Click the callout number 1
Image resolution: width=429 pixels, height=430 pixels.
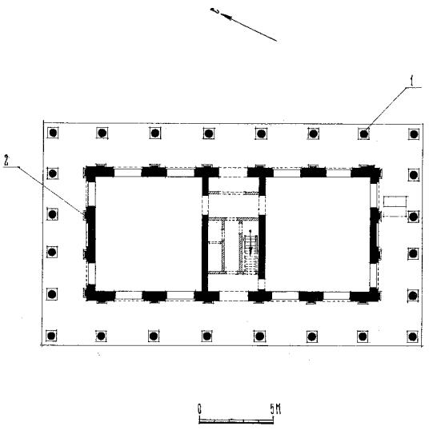tap(411, 81)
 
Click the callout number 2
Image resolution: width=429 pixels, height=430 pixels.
tap(7, 160)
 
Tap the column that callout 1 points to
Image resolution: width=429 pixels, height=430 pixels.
tap(364, 133)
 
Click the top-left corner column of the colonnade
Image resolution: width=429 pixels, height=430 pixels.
tap(53, 133)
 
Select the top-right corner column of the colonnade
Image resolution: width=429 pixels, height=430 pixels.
tap(414, 134)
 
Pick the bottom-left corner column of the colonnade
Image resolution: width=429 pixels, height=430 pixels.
tap(51, 336)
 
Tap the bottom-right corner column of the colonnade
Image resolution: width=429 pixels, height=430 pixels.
tap(412, 336)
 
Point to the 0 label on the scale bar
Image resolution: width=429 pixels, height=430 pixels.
tap(199, 409)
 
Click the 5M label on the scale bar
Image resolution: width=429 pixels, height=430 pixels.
tap(275, 409)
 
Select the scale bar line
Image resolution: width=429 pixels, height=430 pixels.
tap(236, 420)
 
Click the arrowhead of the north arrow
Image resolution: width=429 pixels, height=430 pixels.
tap(227, 17)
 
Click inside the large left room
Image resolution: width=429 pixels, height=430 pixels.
tap(148, 233)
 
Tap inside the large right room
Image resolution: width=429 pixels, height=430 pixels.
tap(318, 233)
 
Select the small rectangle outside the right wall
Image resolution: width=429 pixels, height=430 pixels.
tap(395, 201)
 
